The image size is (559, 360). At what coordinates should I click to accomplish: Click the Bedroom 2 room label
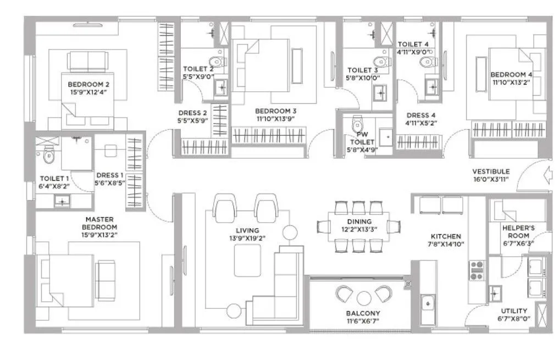click(88, 85)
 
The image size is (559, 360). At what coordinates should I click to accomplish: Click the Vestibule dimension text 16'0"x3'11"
click(491, 179)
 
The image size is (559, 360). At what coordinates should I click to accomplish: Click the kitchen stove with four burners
click(475, 270)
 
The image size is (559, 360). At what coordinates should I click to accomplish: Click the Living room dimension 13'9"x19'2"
click(247, 239)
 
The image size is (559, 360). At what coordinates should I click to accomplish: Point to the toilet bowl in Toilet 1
click(48, 156)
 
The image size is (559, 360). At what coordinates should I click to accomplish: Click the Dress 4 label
click(420, 115)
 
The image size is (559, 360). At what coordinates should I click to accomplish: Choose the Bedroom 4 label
click(511, 75)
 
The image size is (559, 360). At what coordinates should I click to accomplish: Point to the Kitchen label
click(445, 237)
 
